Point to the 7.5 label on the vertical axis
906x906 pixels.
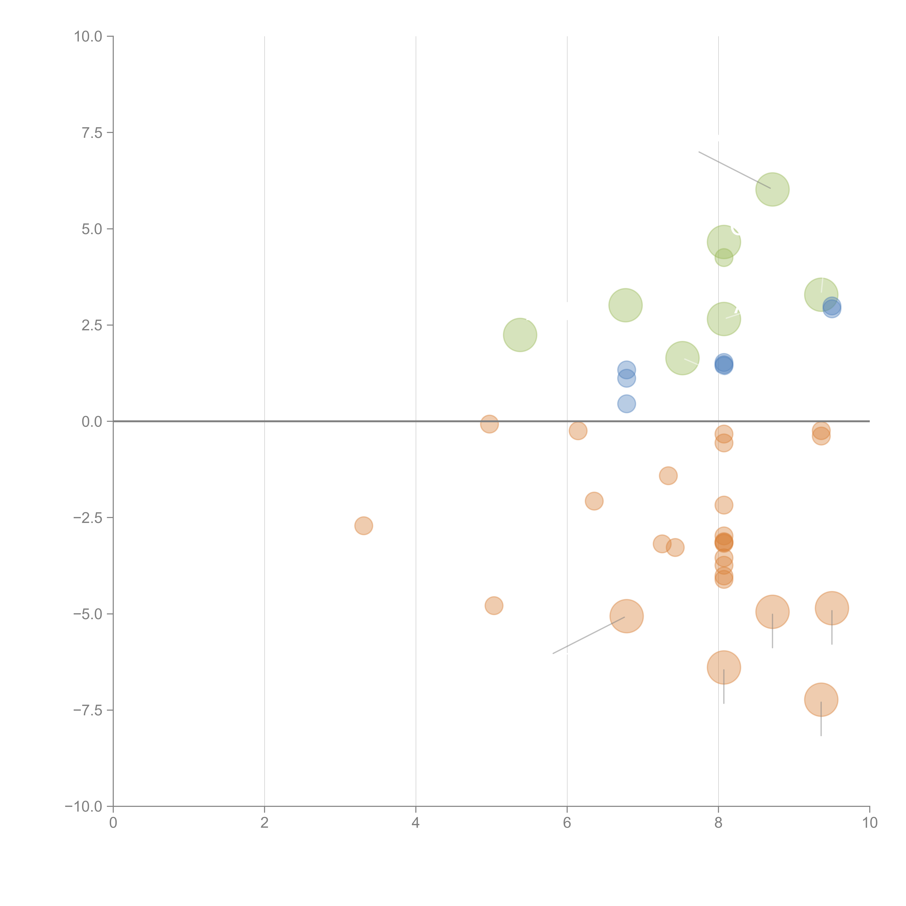click(92, 133)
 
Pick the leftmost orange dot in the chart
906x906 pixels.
click(363, 526)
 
